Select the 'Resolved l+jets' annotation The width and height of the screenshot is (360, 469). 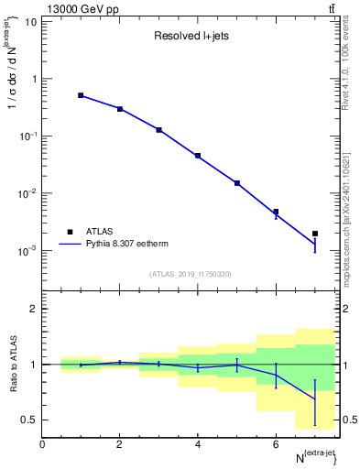click(191, 38)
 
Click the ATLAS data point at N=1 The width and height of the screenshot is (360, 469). click(81, 95)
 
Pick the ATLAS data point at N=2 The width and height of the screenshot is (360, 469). click(120, 109)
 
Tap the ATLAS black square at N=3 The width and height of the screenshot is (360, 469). click(158, 130)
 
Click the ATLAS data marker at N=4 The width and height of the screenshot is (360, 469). click(198, 156)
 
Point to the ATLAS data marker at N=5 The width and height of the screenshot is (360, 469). click(236, 183)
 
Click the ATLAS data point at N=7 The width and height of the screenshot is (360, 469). click(314, 234)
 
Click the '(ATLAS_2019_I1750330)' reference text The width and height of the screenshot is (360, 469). click(191, 274)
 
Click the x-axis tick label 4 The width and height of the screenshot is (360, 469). click(198, 444)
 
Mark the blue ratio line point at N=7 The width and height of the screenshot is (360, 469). click(314, 399)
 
